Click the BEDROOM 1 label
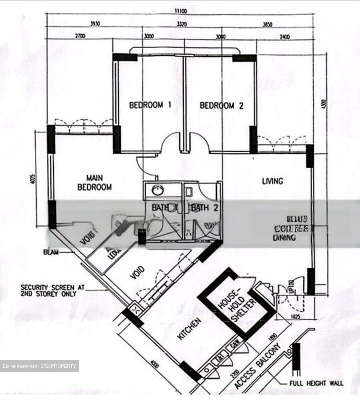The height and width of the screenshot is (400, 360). pos(150,105)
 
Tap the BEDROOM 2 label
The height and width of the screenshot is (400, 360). pos(221,106)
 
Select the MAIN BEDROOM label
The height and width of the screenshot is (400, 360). pos(94,182)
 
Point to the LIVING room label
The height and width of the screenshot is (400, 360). pos(272,181)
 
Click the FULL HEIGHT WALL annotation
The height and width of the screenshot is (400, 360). pos(316,384)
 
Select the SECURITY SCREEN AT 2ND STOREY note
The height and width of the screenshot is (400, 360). pos(52,291)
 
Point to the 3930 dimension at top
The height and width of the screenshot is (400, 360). pos(95,24)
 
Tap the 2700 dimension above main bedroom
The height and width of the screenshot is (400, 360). pos(80,36)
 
